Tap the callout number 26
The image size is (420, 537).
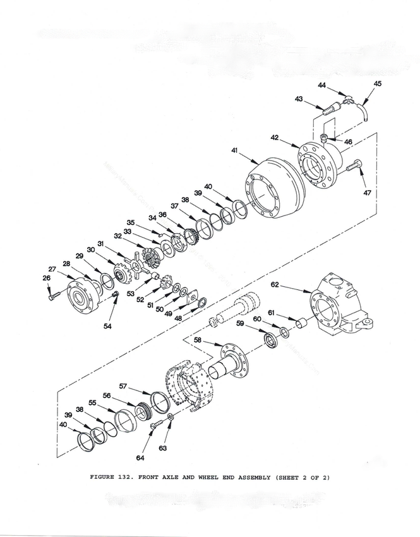tap(46, 277)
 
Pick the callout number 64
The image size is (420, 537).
tap(140, 456)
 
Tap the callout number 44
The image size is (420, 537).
tap(321, 85)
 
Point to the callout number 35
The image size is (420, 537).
tap(131, 222)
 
